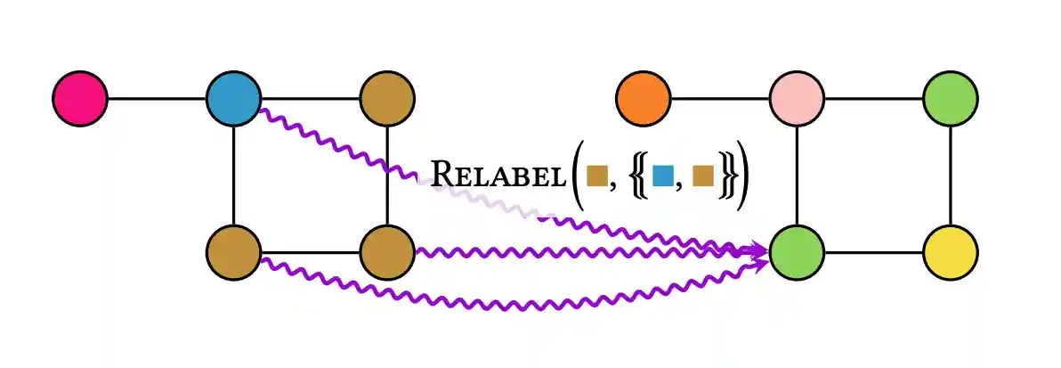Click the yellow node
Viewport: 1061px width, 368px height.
click(x=951, y=250)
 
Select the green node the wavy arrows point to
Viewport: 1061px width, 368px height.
click(x=797, y=250)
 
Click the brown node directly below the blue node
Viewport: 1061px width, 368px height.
click(x=233, y=250)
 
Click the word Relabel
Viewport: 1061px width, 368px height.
click(x=498, y=173)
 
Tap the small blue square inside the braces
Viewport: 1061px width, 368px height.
click(x=662, y=176)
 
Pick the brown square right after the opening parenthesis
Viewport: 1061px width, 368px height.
click(x=596, y=176)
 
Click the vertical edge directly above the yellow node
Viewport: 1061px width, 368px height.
click(x=951, y=174)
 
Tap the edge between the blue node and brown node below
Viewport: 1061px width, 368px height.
click(x=233, y=174)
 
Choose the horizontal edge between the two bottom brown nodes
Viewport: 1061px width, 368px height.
click(x=310, y=250)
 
